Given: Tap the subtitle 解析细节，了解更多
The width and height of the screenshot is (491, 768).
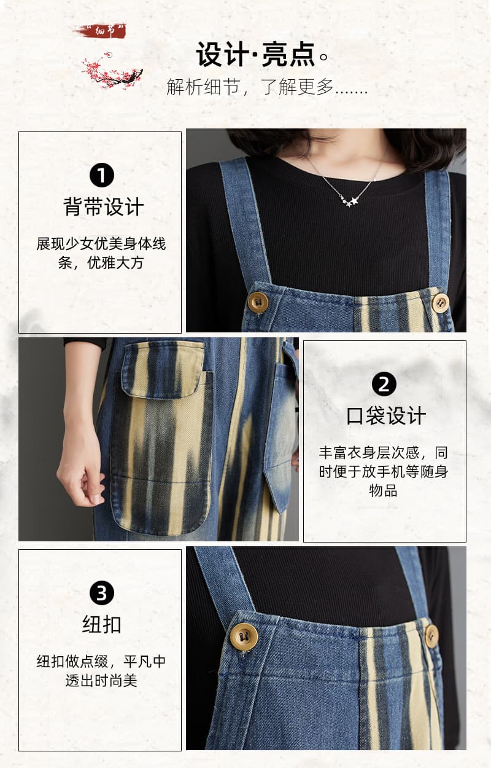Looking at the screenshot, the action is pos(267,87).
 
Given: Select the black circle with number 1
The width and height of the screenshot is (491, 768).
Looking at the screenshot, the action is pos(102,175).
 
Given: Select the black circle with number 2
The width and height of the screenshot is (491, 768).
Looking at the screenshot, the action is pos(384,385).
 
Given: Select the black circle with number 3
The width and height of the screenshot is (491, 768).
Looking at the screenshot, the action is pos(102,593).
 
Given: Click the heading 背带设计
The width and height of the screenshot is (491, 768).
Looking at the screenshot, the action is pos(103,206).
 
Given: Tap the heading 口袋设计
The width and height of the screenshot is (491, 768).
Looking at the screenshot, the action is pos(386,415).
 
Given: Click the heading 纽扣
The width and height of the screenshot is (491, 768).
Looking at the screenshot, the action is pos(102,625).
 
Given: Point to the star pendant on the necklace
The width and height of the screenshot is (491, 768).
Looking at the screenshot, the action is pos(350,202).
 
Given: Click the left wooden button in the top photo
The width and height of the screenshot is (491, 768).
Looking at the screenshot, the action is pos(258,302).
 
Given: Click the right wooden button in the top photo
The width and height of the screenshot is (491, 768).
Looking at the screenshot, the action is pos(440,303).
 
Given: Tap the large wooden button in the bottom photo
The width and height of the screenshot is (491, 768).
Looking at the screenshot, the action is pos(244,637).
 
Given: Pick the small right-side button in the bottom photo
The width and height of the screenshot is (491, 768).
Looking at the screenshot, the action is pos(431,637).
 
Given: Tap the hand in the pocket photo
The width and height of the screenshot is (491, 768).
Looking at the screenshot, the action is pos(80,473).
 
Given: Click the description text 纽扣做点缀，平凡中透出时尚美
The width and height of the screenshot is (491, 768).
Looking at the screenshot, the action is pos(101,671).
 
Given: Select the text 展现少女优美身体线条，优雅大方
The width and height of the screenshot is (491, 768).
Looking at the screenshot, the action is pos(101,253).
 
